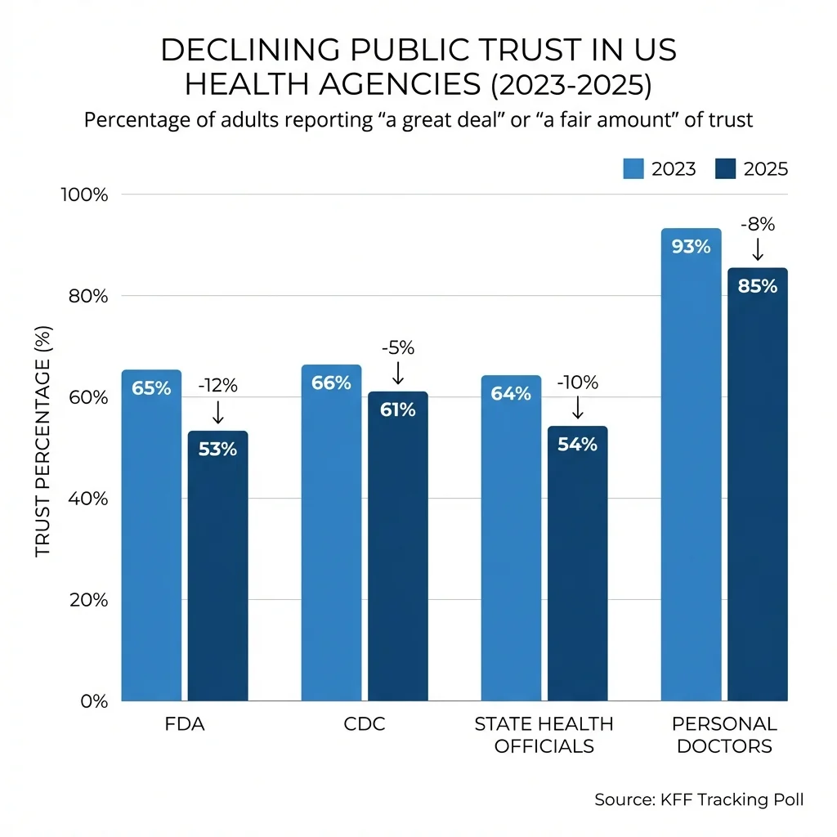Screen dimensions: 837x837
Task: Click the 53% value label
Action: click(217, 449)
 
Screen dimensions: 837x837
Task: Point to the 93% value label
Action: click(691, 246)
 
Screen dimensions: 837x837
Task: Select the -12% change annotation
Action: click(217, 386)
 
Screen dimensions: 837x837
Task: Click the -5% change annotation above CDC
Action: click(397, 347)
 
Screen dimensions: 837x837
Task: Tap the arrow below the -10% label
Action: click(577, 407)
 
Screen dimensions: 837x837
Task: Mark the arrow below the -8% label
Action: click(757, 248)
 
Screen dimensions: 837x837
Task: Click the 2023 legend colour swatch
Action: click(634, 168)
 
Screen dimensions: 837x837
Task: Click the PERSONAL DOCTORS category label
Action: click(724, 735)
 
